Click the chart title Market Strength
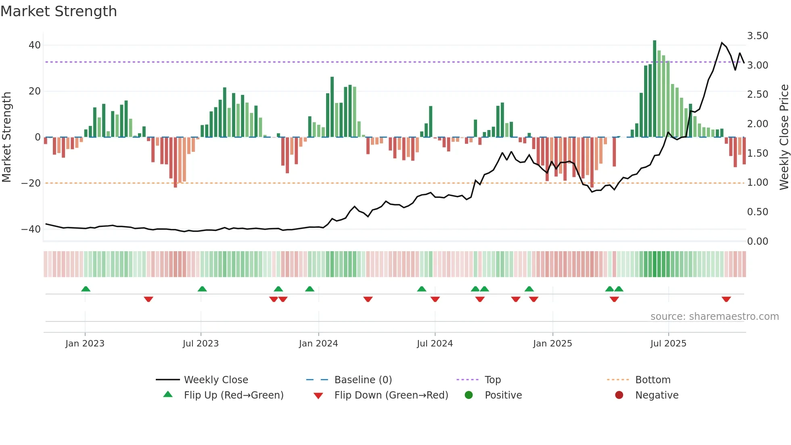point(59,11)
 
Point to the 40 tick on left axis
point(35,45)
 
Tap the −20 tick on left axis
point(31,183)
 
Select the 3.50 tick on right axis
point(758,36)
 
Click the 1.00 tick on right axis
point(758,183)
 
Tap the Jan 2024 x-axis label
point(318,344)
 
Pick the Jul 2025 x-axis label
point(668,344)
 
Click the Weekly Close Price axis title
point(784,137)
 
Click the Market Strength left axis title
point(7,137)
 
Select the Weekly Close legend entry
point(216,380)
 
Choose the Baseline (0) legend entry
point(363,380)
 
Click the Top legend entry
point(492,380)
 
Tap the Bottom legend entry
point(653,380)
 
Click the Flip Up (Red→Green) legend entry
point(233,395)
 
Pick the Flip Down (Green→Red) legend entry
point(391,395)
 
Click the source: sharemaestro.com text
point(714,317)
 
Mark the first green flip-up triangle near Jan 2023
point(86,289)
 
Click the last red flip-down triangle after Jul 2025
point(726,299)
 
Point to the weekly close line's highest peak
point(722,42)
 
